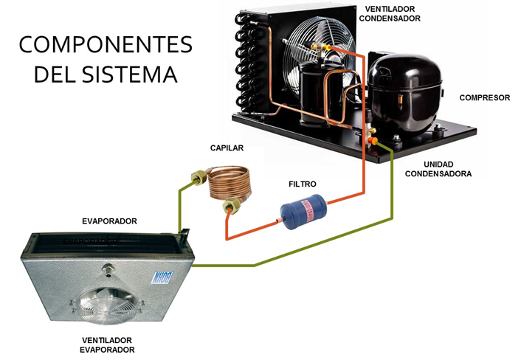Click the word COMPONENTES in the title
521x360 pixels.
coord(106,45)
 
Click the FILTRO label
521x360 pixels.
coord(301,184)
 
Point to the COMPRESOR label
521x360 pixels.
coord(484,97)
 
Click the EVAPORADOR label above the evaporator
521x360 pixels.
coord(109,221)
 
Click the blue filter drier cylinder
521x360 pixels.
coord(303,211)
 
